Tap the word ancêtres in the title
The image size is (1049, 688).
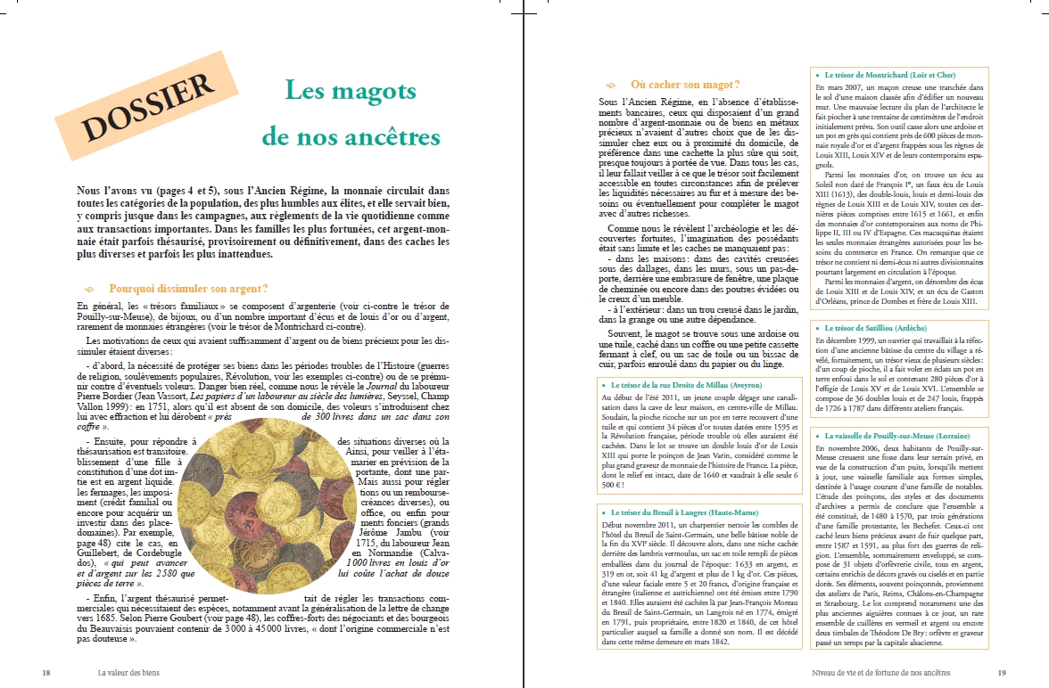click(393, 137)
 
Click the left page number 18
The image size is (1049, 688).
click(45, 673)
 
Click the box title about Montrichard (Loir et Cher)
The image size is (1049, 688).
click(883, 75)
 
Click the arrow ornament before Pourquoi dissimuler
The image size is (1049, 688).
click(88, 290)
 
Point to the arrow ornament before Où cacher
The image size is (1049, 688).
click(611, 86)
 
